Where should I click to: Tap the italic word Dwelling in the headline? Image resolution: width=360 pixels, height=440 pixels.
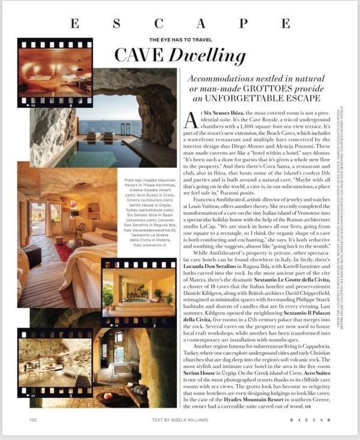201,55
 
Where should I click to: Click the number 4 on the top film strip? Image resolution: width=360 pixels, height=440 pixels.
71,106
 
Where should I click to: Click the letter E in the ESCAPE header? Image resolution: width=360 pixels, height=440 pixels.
74,23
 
